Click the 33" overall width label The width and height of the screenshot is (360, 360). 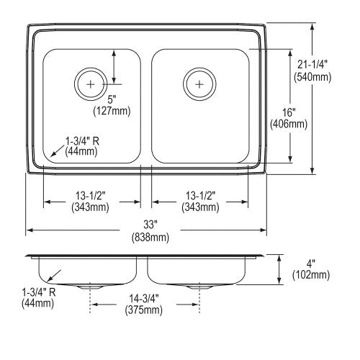(150, 225)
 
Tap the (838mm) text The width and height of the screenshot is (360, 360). (150, 237)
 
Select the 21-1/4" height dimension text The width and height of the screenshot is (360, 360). (312, 65)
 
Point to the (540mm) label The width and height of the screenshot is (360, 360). (312, 77)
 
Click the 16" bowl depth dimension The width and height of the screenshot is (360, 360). (289, 112)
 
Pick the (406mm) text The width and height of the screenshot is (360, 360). (289, 124)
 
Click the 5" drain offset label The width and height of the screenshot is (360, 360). (112, 99)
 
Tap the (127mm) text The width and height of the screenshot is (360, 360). (112, 111)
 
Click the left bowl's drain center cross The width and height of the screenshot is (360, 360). (91, 84)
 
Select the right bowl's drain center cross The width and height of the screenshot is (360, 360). (199, 84)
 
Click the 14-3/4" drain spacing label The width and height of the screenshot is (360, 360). (144, 299)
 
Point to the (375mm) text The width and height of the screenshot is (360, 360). (144, 310)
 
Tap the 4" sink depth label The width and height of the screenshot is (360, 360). (311, 264)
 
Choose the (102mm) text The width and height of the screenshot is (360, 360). (311, 275)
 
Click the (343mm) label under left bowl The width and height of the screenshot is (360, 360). (90, 207)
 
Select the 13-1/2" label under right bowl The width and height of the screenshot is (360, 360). (201, 196)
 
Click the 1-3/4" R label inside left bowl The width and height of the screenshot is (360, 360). (82, 141)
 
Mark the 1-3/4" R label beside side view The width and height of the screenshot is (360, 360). (39, 292)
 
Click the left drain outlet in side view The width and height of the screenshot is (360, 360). (90, 286)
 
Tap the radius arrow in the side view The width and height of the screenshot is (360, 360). (54, 276)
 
